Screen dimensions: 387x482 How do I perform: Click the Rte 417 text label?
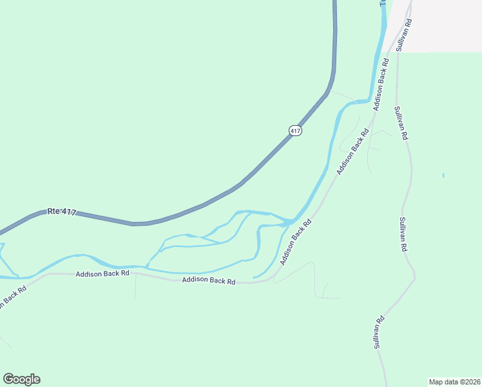[x=62, y=212]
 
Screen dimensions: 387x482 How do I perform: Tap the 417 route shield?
[x=295, y=130]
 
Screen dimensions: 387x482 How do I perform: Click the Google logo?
[x=21, y=379]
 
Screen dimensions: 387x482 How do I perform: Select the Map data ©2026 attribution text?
[x=454, y=381]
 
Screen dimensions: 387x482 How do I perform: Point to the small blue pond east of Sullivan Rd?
[x=443, y=175]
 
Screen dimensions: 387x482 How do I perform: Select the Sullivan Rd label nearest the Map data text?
[x=380, y=332]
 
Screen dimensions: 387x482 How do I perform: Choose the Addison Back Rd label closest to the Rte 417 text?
[x=102, y=273]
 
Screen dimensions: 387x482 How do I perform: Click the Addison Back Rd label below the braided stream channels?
[x=209, y=281]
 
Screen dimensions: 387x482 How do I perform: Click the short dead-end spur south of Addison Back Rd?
[x=135, y=289]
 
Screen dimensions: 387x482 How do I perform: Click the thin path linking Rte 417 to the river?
[x=340, y=95]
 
